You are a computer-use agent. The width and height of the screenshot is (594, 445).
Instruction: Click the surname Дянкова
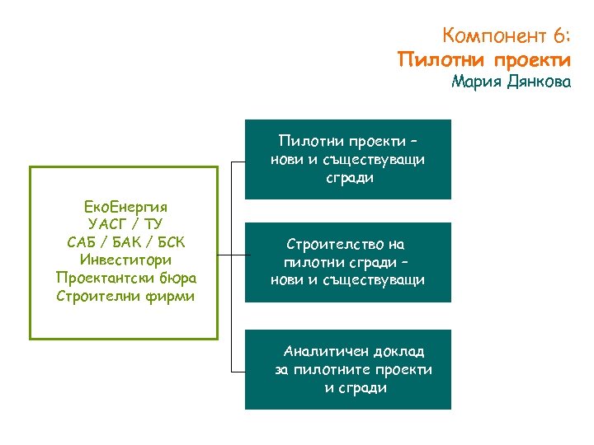coord(537,82)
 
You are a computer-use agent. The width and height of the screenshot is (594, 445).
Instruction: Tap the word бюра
coord(177,279)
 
